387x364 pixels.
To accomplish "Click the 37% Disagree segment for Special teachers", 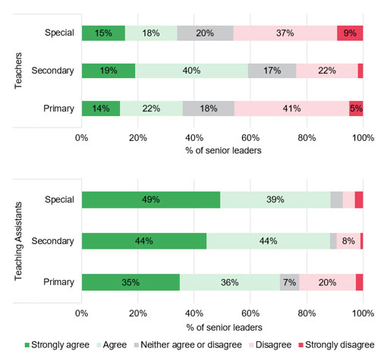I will (x=285, y=33).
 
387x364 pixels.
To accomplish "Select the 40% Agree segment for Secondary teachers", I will (x=191, y=71).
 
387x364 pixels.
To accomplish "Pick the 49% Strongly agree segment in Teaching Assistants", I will (x=150, y=199).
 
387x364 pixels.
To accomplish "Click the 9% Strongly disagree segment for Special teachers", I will (x=350, y=33).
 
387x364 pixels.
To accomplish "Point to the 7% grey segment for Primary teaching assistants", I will (x=290, y=282).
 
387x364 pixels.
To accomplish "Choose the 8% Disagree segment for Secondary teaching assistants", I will (x=348, y=241).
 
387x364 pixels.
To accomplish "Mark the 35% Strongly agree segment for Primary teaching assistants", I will (x=131, y=282).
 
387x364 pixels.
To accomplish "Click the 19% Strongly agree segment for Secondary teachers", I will (x=109, y=71).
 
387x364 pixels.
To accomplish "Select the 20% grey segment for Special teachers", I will (x=205, y=33).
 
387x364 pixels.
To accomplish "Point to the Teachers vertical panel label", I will (x=18, y=70).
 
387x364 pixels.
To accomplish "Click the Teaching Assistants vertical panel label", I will (x=18, y=241).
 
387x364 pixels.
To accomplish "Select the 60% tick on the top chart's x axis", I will (x=250, y=138).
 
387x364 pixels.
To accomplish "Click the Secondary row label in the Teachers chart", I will (x=52, y=71).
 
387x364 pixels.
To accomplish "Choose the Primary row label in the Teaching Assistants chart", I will (x=58, y=282).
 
